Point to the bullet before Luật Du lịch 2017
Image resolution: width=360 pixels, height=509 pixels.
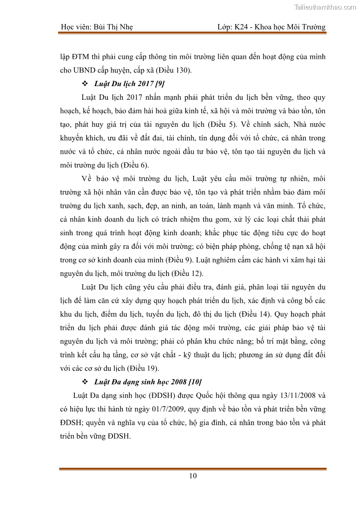point(84,84)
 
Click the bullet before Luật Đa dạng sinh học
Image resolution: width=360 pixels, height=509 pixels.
point(84,380)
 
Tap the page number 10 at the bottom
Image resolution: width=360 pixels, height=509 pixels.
point(193,475)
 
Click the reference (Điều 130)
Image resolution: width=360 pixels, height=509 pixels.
point(174,71)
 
